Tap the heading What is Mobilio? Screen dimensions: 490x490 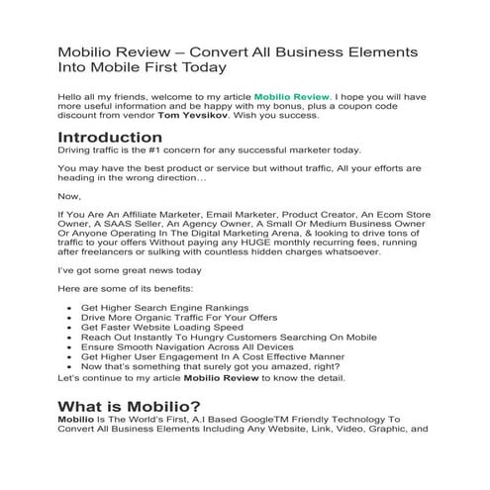coord(129,408)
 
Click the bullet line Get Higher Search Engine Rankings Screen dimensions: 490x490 coord(164,308)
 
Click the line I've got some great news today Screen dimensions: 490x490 coord(130,269)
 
